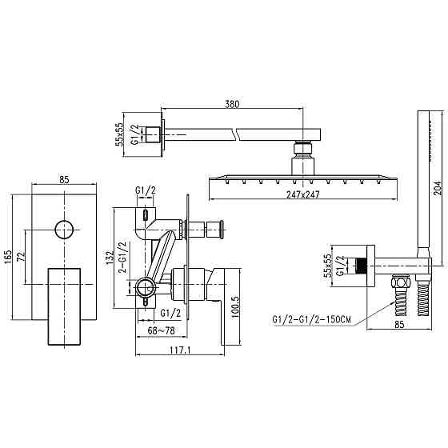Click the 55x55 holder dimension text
(327, 266)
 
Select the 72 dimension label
(21, 258)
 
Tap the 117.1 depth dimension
(180, 351)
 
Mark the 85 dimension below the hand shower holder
(397, 325)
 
